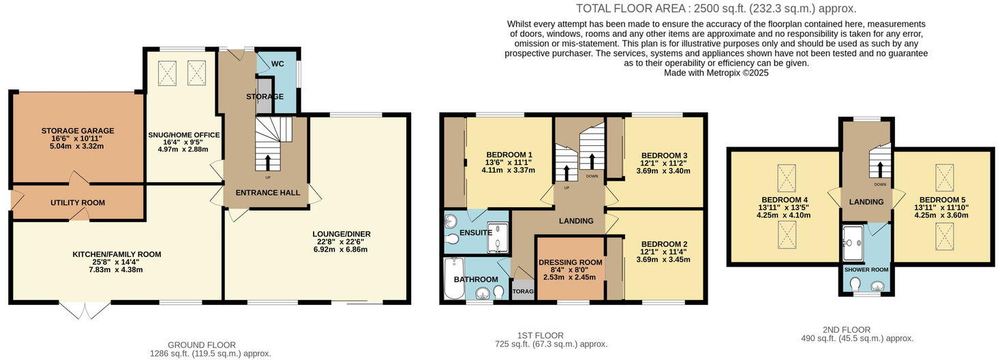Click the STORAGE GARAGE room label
[77, 131]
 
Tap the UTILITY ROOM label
[78, 202]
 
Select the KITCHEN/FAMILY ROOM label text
[117, 254]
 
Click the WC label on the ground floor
[277, 63]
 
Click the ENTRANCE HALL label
[267, 193]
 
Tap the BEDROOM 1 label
[509, 154]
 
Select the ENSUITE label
[475, 232]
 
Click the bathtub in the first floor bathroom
[453, 278]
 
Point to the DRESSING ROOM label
[570, 262]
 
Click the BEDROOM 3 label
[664, 155]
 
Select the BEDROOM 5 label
[941, 200]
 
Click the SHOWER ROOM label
[866, 269]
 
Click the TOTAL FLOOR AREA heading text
[716, 9]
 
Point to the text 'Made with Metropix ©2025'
[716, 73]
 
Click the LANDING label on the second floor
[866, 202]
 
